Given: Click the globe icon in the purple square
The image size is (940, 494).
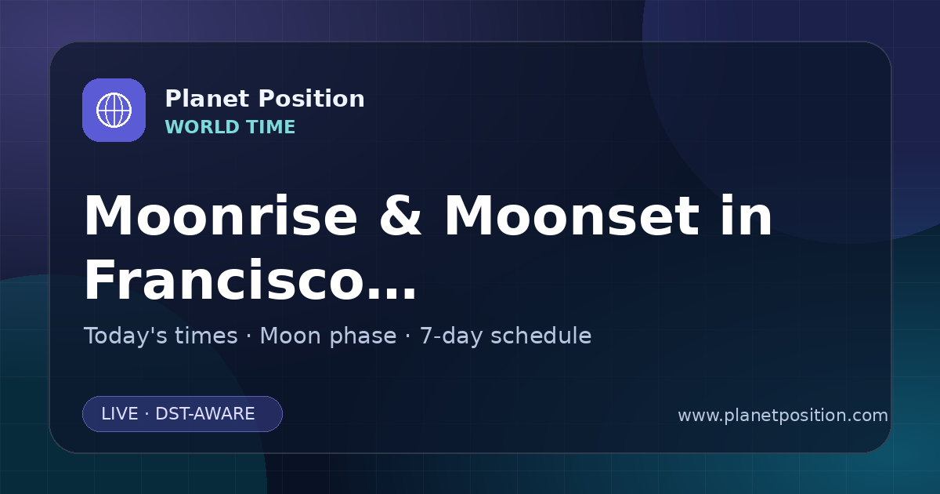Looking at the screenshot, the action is click(114, 110).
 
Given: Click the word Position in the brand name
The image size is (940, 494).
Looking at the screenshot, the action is click(312, 99).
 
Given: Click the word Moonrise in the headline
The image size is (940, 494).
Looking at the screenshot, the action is click(221, 216).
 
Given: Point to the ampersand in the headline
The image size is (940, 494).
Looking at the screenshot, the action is click(400, 216).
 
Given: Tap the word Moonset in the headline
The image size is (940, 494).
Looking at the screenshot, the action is click(572, 216).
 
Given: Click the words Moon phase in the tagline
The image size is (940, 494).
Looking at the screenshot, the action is click(328, 336).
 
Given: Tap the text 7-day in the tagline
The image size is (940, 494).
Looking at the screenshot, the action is click(451, 336).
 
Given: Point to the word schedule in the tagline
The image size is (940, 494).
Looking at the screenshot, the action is click(541, 336).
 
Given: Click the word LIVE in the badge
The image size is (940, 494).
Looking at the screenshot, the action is click(120, 414).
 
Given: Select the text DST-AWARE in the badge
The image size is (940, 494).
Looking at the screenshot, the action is click(204, 414).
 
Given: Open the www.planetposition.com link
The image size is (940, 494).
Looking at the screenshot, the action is click(783, 416).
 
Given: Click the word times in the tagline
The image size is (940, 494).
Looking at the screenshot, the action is click(207, 336).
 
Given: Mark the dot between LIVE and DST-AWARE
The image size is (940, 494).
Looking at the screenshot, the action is click(147, 414).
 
